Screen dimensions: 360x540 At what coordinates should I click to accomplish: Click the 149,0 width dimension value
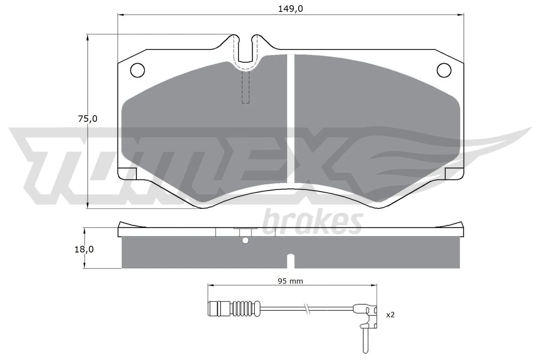[x=290, y=9]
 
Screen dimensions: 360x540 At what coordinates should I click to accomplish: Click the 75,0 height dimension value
[x=87, y=119]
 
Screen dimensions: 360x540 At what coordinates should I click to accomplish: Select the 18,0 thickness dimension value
[x=84, y=249]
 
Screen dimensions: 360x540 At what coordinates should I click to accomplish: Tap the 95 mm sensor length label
[x=290, y=281]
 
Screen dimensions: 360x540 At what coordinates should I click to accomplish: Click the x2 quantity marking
[x=390, y=315]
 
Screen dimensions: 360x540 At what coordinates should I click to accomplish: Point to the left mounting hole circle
[x=137, y=70]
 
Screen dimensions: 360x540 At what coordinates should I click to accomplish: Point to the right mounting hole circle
[x=444, y=70]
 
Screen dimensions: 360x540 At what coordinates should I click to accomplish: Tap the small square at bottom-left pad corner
[x=129, y=173]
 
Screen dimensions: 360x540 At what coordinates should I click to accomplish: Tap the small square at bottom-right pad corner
[x=453, y=173]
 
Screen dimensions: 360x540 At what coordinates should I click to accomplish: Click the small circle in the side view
[x=245, y=240]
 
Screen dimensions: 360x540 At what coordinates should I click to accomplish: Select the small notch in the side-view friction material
[x=291, y=261]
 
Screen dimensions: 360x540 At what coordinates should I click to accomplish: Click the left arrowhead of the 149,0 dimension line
[x=120, y=15]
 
